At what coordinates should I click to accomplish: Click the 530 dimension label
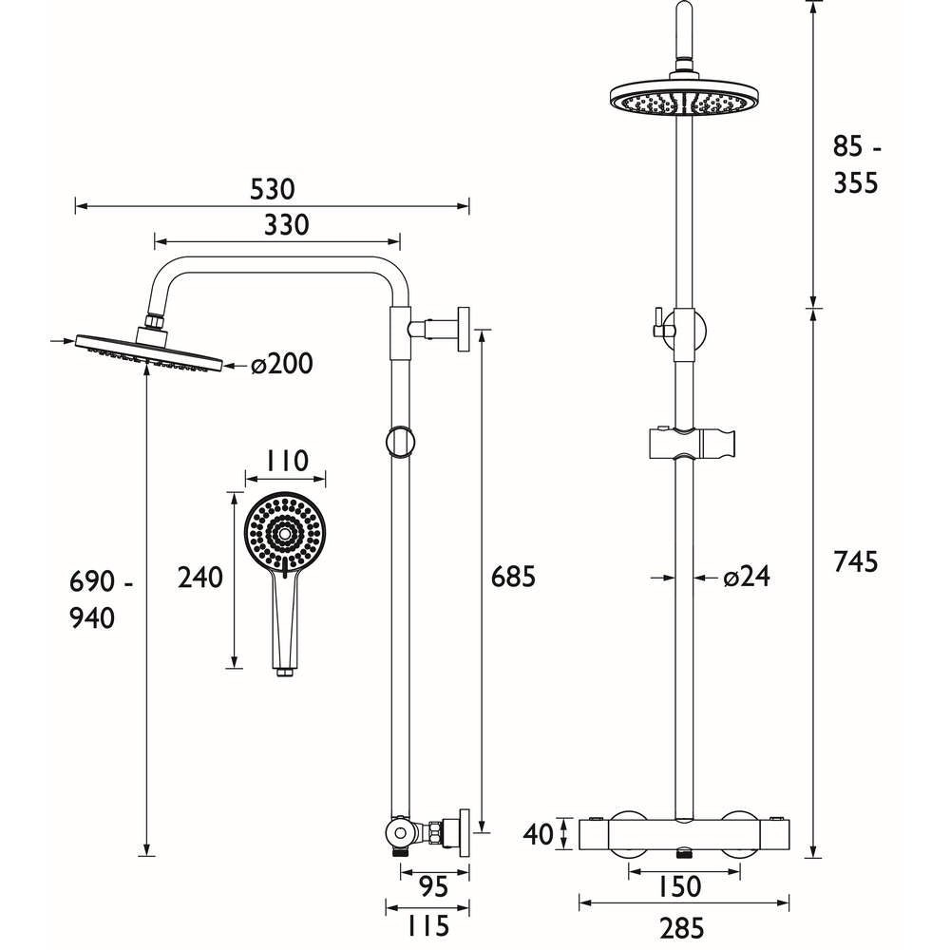tap(273, 188)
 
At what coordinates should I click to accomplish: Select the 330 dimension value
tap(286, 225)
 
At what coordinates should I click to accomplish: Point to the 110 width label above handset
tap(286, 462)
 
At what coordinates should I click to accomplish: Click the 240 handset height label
tap(200, 578)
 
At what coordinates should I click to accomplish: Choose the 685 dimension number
tap(514, 577)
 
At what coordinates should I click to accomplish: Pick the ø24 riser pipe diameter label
tap(745, 577)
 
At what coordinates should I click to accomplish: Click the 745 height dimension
tap(856, 561)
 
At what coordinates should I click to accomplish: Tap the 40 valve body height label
tap(538, 835)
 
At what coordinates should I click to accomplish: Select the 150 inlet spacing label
tap(678, 887)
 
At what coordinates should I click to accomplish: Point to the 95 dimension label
tap(433, 887)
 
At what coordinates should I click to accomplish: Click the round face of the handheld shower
tap(282, 533)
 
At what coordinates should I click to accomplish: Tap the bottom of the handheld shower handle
tap(282, 672)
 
